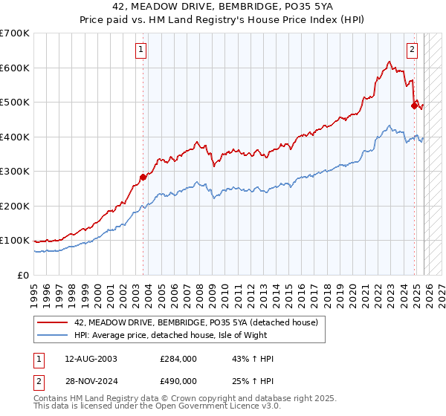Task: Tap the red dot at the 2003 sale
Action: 143,177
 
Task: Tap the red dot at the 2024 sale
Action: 414,105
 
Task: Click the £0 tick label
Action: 23,276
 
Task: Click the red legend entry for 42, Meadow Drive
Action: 195,322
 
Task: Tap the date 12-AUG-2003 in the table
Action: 91,359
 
